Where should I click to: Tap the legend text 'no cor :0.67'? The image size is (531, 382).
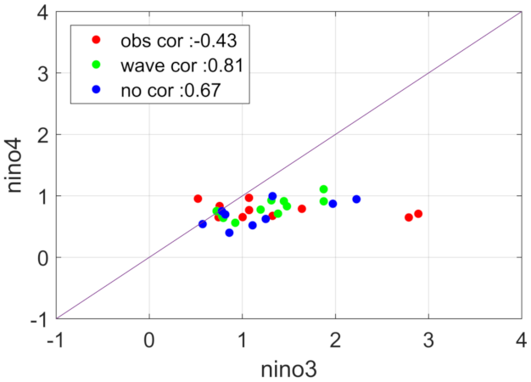pyautogui.click(x=165, y=89)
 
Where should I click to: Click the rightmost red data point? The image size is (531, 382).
pyautogui.click(x=418, y=214)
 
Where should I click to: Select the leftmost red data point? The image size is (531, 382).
pyautogui.click(x=198, y=199)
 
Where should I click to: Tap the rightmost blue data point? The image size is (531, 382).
pyautogui.click(x=356, y=199)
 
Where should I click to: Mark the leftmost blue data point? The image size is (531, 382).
pyautogui.click(x=203, y=224)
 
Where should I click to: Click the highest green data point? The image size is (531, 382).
pyautogui.click(x=323, y=189)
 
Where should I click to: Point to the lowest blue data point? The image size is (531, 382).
pyautogui.click(x=229, y=233)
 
